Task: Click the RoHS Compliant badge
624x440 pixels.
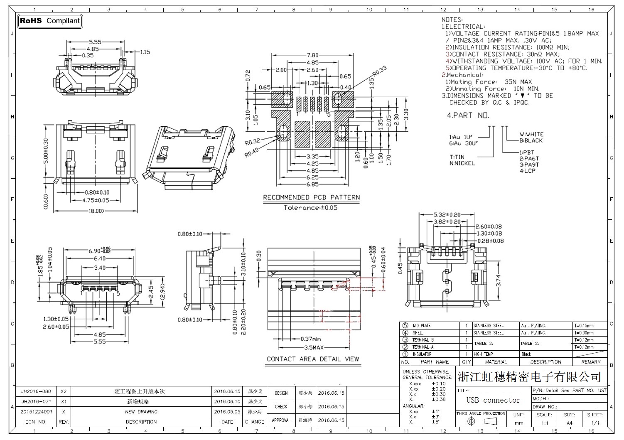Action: point(50,21)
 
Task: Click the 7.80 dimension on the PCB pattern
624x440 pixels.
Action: point(312,55)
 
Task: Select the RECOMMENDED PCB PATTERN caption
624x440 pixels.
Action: point(312,197)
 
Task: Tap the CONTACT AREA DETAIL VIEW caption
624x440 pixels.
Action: point(313,359)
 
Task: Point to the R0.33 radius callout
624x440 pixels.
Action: point(379,71)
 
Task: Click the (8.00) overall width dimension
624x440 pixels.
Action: point(96,211)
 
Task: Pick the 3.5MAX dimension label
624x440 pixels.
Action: point(314,347)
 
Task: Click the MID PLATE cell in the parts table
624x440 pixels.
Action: point(422,326)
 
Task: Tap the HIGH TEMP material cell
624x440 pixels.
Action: point(483,354)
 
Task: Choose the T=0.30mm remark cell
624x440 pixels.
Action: point(584,333)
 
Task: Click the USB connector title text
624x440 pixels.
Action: point(493,400)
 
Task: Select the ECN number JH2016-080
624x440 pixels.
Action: point(36,391)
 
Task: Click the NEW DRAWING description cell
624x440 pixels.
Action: point(141,412)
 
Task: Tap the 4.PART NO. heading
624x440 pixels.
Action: point(468,115)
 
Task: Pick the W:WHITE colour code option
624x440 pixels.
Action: point(531,135)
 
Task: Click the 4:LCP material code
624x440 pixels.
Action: point(528,171)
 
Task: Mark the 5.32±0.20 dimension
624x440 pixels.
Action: point(447,215)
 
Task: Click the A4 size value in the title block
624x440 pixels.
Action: point(569,423)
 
